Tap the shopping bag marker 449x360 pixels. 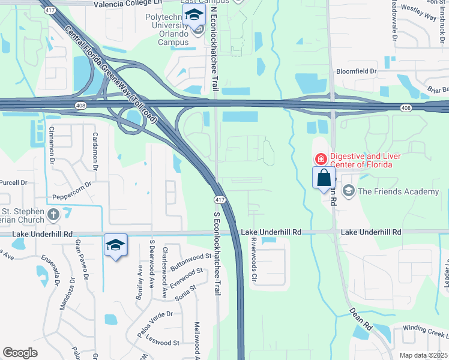point(324,178)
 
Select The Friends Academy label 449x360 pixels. point(399,191)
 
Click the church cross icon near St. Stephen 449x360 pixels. point(53,214)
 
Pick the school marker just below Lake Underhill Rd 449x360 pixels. point(115,245)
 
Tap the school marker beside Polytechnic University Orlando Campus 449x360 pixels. point(194,16)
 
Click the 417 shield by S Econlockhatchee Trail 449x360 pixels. point(220,200)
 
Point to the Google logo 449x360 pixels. point(20,352)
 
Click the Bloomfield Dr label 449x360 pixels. point(356,71)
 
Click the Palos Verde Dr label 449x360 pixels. point(154,314)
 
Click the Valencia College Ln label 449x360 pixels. point(128,4)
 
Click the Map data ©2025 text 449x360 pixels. point(424,355)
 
